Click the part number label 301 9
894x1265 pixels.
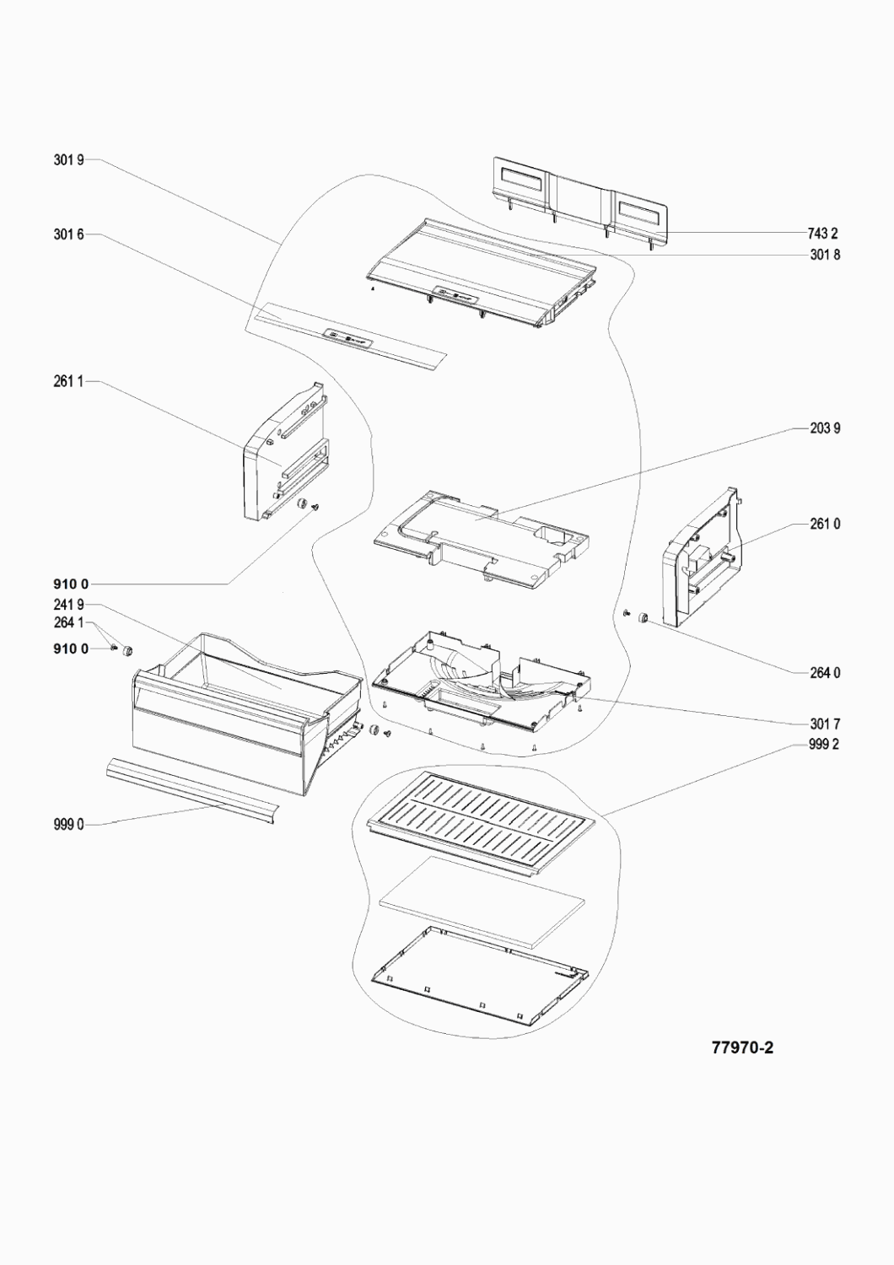tap(68, 159)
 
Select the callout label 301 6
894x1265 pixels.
tap(68, 235)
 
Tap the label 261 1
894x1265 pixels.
tap(68, 383)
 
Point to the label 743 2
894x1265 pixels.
tap(824, 234)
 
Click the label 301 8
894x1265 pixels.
tap(824, 255)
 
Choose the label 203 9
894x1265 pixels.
tap(824, 428)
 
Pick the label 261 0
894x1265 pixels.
tap(824, 525)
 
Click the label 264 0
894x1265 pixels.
tap(824, 673)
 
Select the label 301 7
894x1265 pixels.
tap(824, 724)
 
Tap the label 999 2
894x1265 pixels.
tap(824, 745)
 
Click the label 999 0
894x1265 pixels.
tap(68, 825)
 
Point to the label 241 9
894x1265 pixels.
tap(68, 605)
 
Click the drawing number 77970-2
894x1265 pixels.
tap(742, 1048)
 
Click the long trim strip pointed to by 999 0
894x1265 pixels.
tap(190, 789)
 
